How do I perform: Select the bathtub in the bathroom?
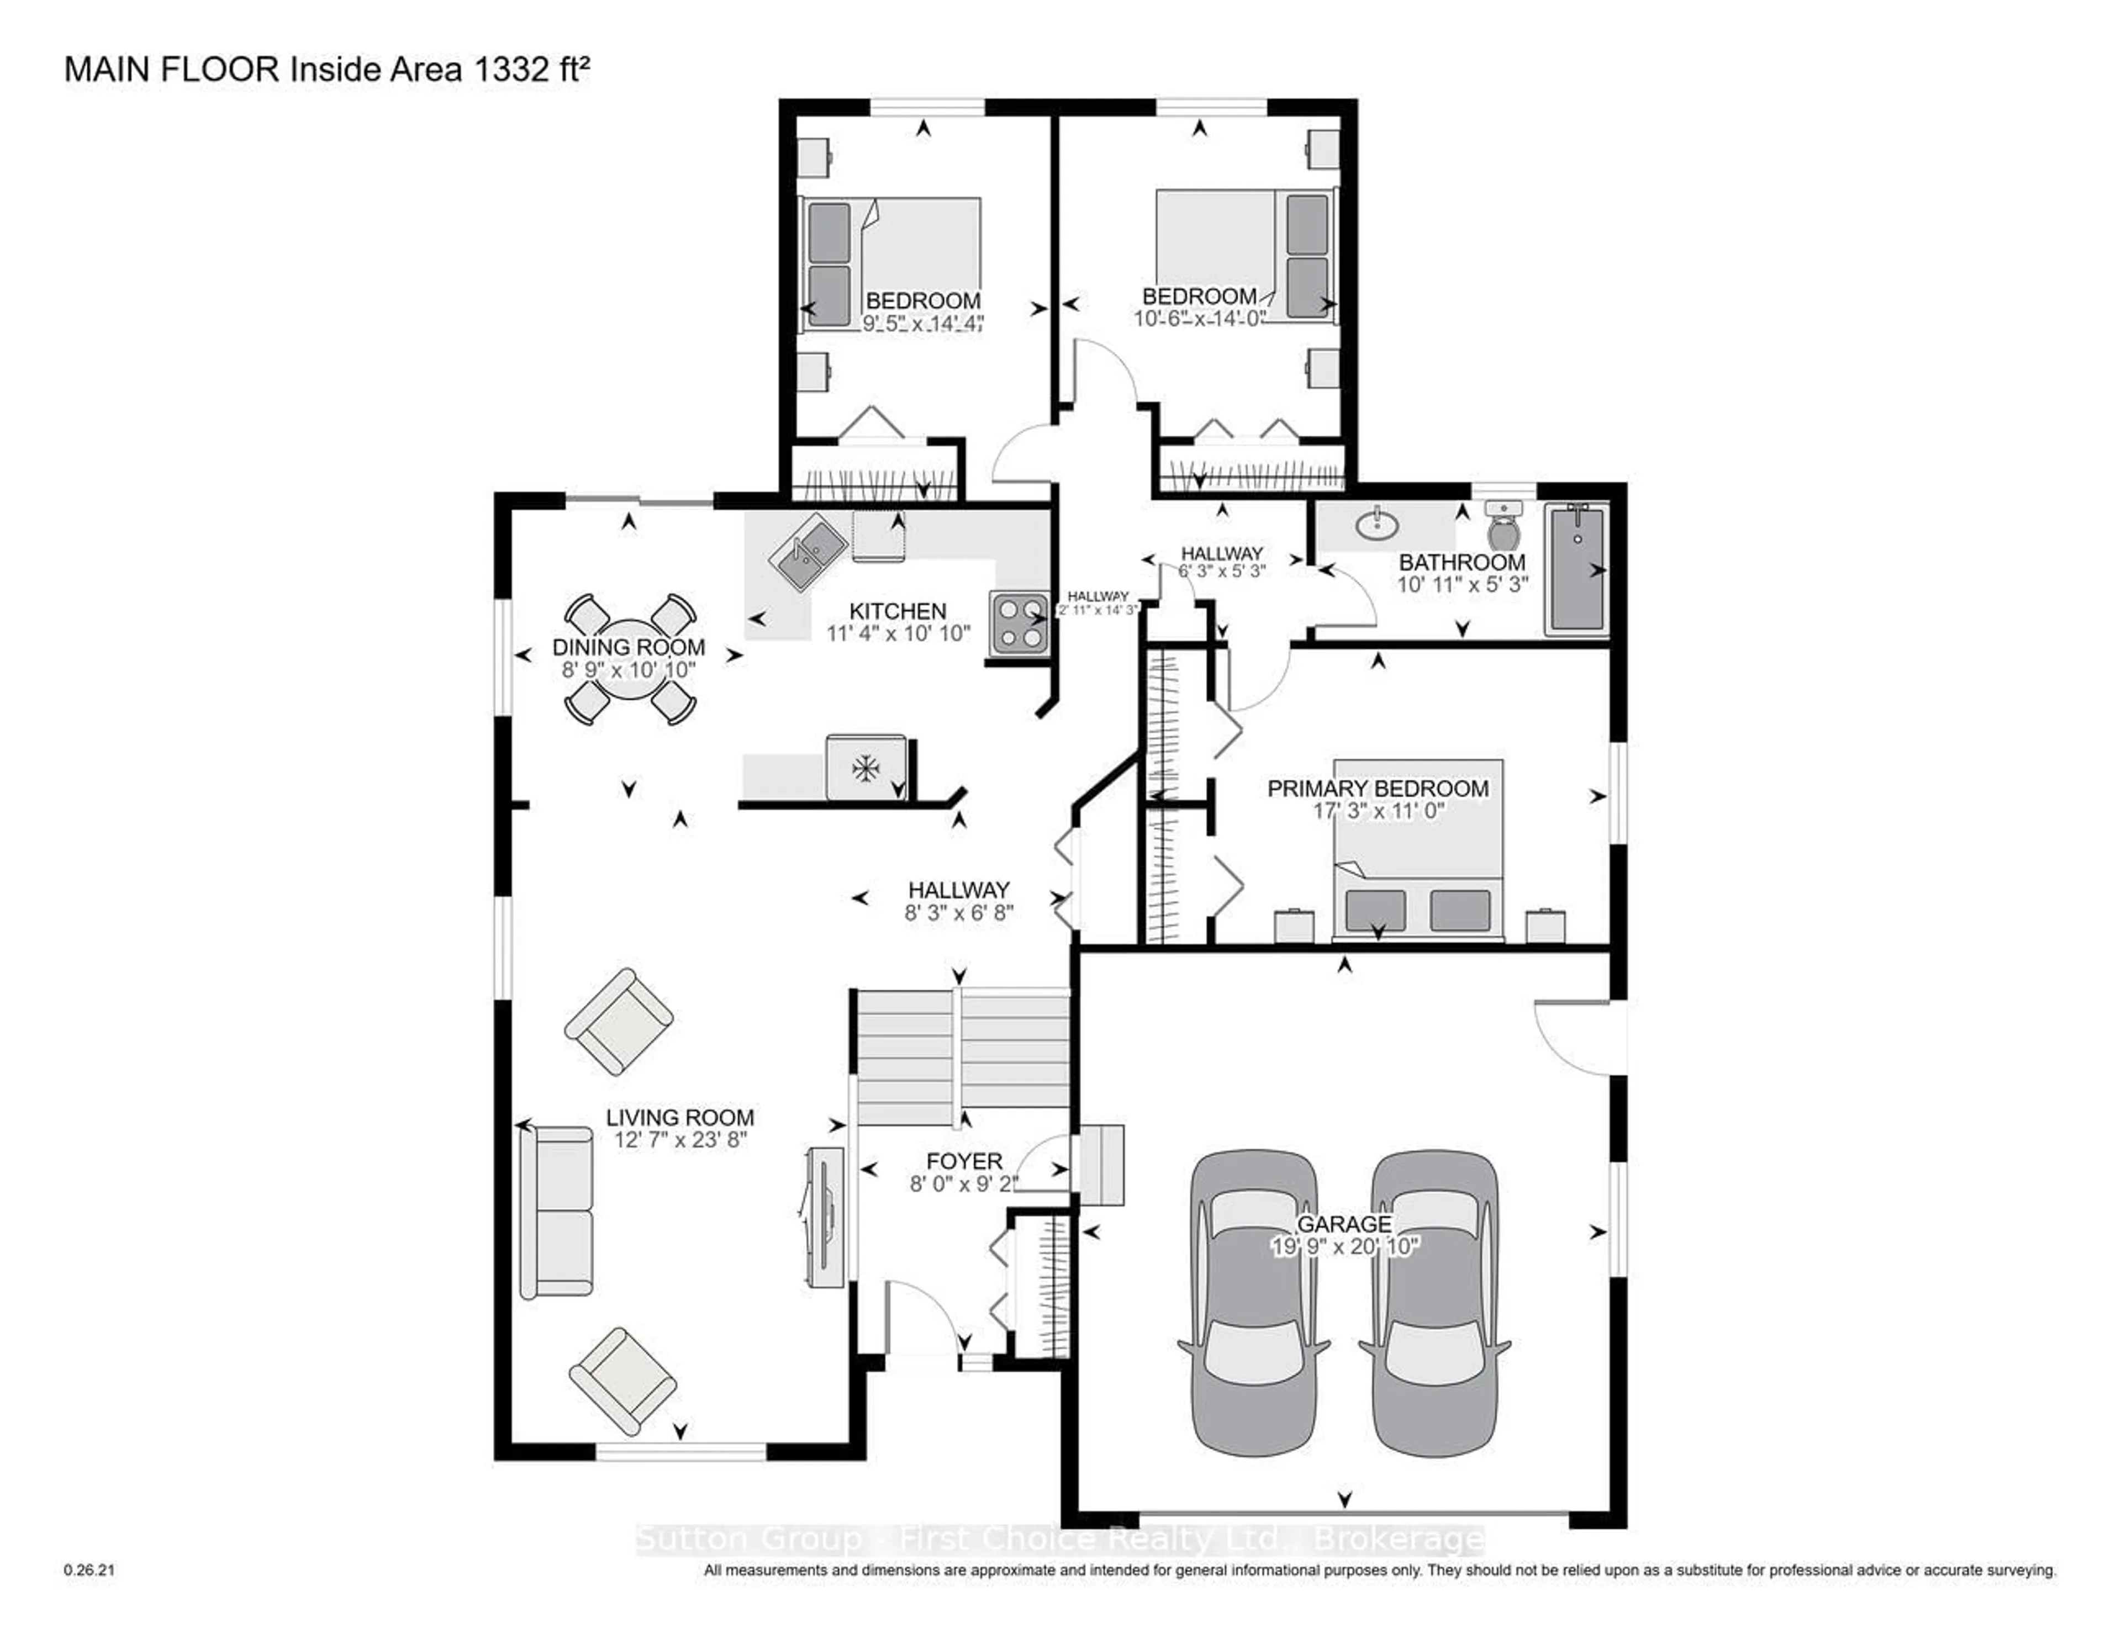pyautogui.click(x=1576, y=569)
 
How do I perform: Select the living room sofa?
pyautogui.click(x=556, y=1211)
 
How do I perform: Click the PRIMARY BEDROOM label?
pyautogui.click(x=1377, y=789)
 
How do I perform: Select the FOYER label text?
pyautogui.click(x=963, y=1161)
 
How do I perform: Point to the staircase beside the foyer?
pyautogui.click(x=962, y=1056)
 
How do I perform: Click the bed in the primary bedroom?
pyautogui.click(x=1418, y=850)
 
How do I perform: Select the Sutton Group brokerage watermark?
pyautogui.click(x=1058, y=1539)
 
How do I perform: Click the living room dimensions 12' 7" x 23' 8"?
pyautogui.click(x=680, y=1140)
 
